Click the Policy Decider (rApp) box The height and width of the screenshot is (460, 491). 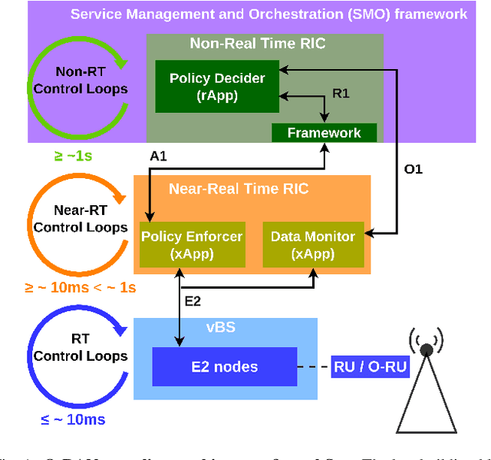(217, 86)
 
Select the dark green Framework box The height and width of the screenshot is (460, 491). (324, 133)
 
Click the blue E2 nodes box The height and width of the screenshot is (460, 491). (224, 366)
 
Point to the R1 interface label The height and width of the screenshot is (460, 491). (341, 93)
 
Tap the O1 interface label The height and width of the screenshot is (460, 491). (414, 168)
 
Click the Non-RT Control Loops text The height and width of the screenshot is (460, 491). (80, 80)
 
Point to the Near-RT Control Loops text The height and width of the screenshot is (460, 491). (80, 219)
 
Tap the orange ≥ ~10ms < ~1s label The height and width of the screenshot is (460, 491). (80, 288)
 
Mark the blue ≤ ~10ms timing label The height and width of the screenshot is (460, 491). (74, 419)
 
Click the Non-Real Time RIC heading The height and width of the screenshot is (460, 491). (258, 44)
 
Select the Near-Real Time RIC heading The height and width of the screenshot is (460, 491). (239, 188)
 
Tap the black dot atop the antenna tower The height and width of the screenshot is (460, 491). (426, 349)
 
